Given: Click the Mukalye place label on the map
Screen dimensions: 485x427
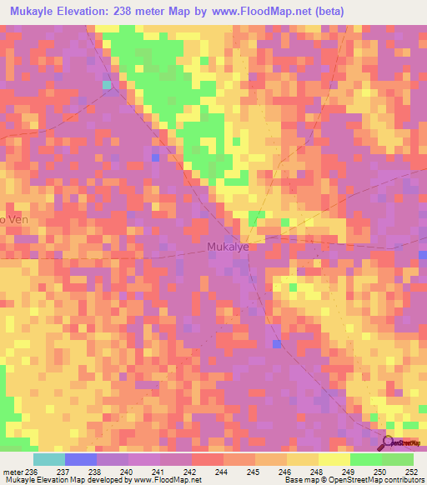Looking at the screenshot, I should point(228,247).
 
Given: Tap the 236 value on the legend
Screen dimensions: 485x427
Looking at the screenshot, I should point(33,471).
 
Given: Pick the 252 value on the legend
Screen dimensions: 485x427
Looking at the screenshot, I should point(410,471).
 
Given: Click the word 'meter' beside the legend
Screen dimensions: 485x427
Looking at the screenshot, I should point(13,471).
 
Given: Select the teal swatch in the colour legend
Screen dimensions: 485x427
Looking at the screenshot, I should point(49,459).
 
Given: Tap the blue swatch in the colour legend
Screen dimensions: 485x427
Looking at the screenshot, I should point(81,459).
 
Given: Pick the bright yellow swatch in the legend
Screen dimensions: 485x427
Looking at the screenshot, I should point(334,459).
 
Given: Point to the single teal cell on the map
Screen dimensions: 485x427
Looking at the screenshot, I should point(107,85).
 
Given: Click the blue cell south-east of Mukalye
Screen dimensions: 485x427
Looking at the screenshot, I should point(277,344).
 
